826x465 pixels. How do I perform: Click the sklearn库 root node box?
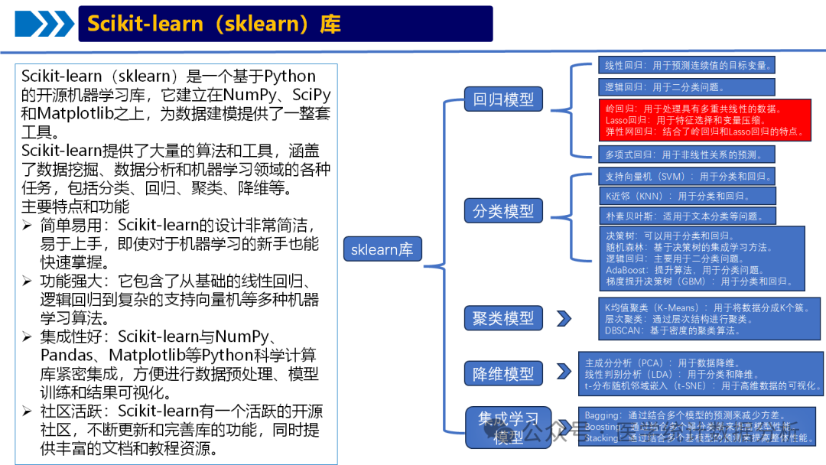[382, 250]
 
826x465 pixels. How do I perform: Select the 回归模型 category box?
[503, 99]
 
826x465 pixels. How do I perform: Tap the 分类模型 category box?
[503, 211]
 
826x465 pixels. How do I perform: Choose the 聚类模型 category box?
[503, 317]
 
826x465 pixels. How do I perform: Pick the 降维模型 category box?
[503, 374]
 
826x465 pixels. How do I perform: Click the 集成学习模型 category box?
[509, 428]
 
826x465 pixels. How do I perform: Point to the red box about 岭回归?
[704, 121]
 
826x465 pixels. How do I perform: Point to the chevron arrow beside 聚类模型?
[564, 318]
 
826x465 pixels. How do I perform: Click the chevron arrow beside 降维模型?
[564, 372]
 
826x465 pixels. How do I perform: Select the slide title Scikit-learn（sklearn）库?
[214, 24]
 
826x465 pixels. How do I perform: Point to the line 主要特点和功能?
[76, 206]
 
